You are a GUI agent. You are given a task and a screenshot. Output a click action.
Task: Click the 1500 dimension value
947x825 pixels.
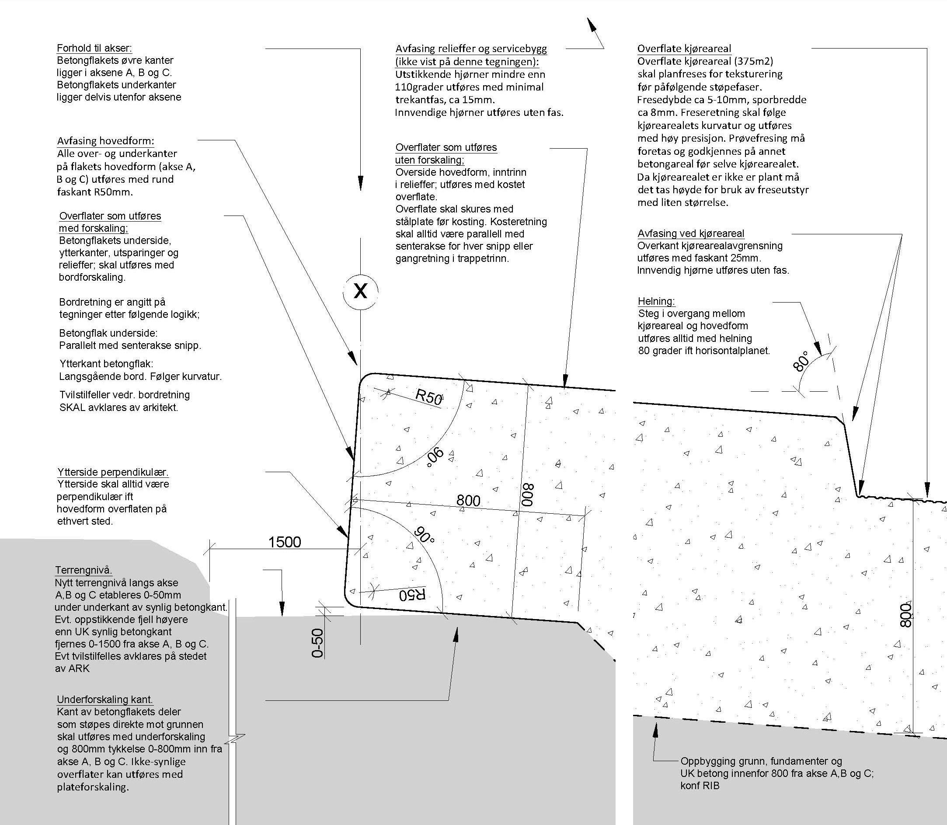(285, 542)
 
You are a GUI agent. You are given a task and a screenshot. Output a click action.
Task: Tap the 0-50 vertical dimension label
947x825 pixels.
(318, 643)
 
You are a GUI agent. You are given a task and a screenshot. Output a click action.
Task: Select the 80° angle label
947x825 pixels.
(801, 362)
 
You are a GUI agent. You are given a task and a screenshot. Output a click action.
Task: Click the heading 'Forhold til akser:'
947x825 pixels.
(94, 48)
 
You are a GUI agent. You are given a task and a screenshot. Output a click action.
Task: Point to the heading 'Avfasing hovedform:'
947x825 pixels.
(105, 141)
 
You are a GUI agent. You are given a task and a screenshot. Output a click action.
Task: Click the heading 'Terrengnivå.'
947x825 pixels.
(84, 570)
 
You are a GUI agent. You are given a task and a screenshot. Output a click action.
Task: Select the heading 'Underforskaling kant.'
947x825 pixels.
(104, 700)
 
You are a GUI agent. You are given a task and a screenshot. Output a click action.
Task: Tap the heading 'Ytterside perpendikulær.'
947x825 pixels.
(113, 472)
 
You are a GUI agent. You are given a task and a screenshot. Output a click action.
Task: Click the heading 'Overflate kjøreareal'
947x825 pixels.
(684, 49)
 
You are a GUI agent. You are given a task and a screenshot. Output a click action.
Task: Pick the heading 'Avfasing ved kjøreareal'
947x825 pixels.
(690, 233)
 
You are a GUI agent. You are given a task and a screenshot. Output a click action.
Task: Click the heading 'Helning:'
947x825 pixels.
(656, 301)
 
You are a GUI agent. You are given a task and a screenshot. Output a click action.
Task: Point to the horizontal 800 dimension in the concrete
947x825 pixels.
(468, 501)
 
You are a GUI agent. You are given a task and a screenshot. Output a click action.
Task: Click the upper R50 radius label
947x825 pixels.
(429, 397)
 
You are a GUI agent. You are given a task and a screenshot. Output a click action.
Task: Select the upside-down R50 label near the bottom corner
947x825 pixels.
(412, 595)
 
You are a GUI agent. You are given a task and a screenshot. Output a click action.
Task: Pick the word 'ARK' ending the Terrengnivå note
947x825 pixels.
(79, 668)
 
